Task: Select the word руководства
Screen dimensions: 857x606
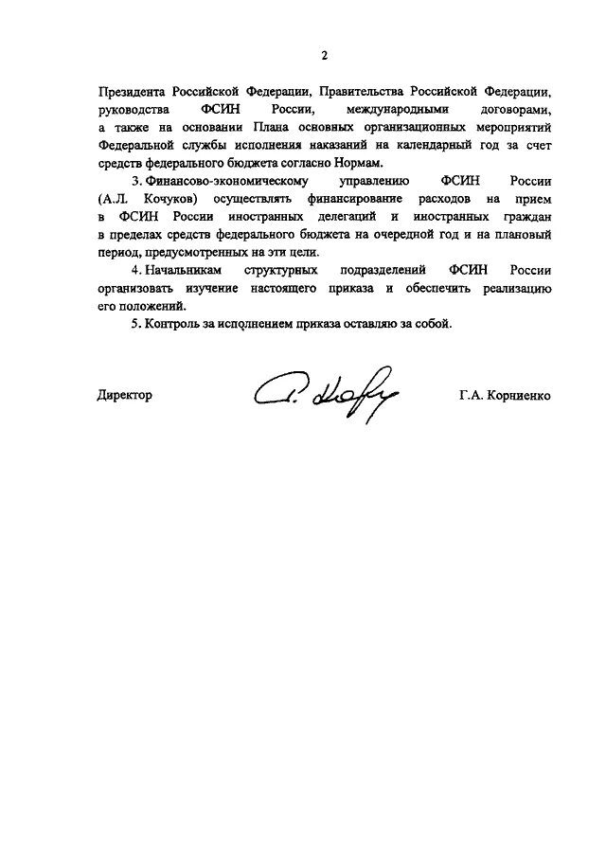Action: click(x=132, y=110)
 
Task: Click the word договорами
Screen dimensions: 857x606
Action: click(x=512, y=110)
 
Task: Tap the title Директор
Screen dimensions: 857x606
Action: click(x=124, y=395)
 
